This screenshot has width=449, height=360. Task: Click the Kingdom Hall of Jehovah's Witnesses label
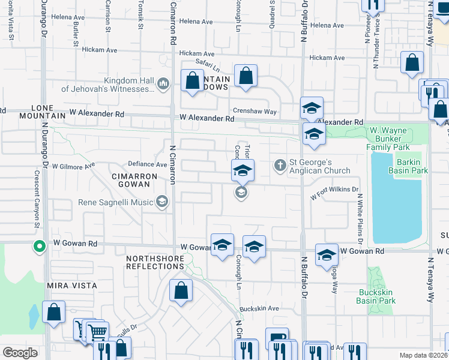[x=107, y=85]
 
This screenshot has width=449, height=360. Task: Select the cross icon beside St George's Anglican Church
[x=280, y=165]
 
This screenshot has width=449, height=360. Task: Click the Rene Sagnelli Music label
[x=115, y=202]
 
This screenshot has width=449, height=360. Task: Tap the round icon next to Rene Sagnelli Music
[x=161, y=201]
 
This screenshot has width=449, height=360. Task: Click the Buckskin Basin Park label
[x=376, y=296]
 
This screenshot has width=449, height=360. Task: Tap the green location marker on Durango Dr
[x=40, y=247]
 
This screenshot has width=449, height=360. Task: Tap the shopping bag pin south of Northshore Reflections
[x=181, y=292]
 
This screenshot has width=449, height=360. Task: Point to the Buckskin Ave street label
[x=259, y=308]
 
